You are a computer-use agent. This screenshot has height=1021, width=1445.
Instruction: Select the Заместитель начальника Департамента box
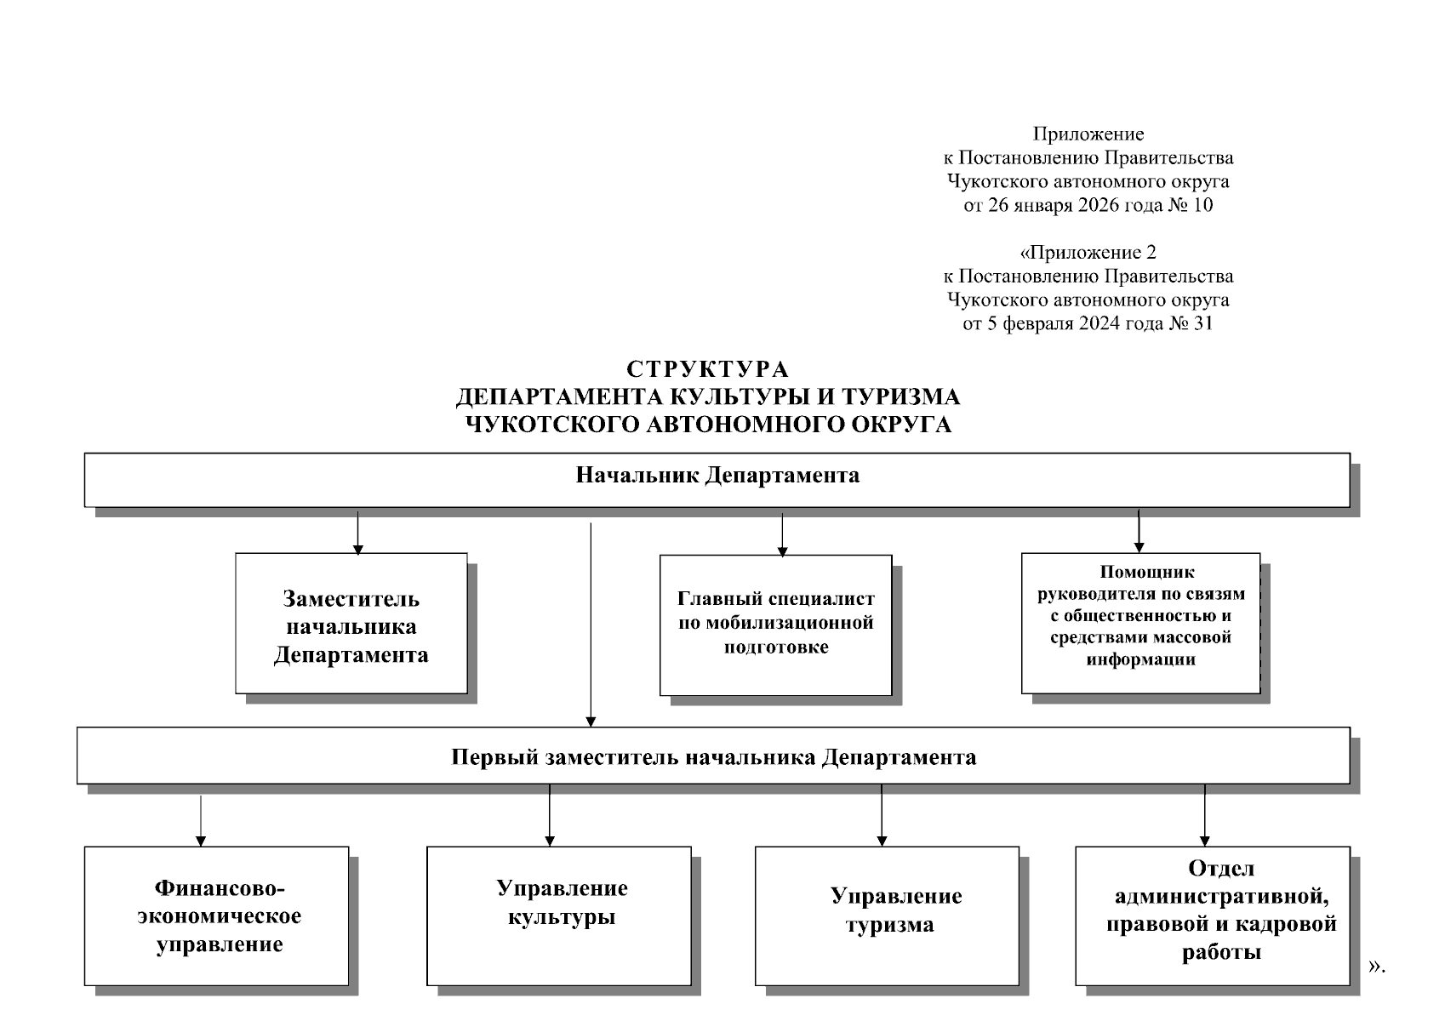pyautogui.click(x=351, y=625)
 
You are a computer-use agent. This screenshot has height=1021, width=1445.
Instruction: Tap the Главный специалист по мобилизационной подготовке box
pyautogui.click(x=775, y=625)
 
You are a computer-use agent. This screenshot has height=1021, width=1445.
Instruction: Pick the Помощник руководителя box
pyautogui.click(x=1140, y=623)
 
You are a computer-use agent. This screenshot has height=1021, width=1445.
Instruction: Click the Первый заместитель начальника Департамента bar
pyautogui.click(x=713, y=756)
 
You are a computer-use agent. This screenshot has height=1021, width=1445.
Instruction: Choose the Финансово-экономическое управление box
pyautogui.click(x=217, y=915)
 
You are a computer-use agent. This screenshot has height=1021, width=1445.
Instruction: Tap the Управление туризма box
pyautogui.click(x=887, y=915)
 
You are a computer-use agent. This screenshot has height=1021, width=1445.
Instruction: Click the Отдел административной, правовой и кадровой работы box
pyautogui.click(x=1213, y=915)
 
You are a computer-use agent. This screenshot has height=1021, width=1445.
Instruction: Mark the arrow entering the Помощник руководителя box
pyautogui.click(x=1139, y=533)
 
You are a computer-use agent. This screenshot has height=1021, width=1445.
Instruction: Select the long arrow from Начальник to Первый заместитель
pyautogui.click(x=591, y=625)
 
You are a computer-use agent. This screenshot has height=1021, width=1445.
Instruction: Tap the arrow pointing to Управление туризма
pyautogui.click(x=882, y=815)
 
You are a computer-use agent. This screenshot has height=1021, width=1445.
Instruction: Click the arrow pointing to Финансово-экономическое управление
pyautogui.click(x=201, y=821)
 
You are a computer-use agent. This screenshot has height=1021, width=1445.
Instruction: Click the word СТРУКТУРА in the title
pyautogui.click(x=708, y=369)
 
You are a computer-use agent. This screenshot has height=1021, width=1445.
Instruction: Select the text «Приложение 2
pyautogui.click(x=1088, y=253)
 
